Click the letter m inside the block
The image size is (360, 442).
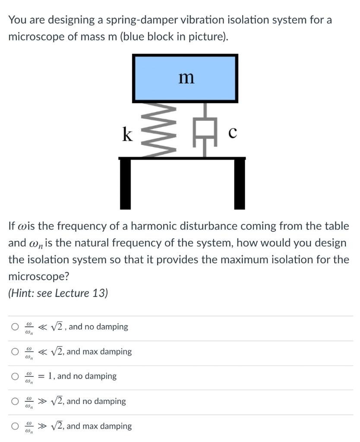pos(186,78)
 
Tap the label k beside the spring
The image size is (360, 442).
pos(127,134)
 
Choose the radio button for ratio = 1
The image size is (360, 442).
pos(16,376)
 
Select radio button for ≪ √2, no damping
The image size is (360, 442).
pos(16,327)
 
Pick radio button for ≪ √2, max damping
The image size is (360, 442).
pos(16,352)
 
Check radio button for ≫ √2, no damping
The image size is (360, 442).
pos(16,401)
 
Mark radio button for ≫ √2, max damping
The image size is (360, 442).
pos(16,426)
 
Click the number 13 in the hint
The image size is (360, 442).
pos(98,293)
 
